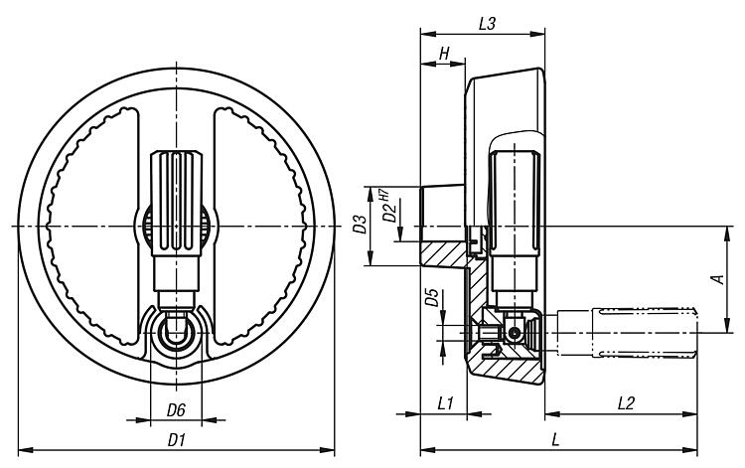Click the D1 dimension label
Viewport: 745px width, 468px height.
[177, 438]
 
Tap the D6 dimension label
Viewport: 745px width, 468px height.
[175, 409]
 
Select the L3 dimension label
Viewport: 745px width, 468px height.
[487, 23]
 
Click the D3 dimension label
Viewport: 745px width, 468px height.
[361, 228]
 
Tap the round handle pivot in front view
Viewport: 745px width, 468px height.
[176, 332]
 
